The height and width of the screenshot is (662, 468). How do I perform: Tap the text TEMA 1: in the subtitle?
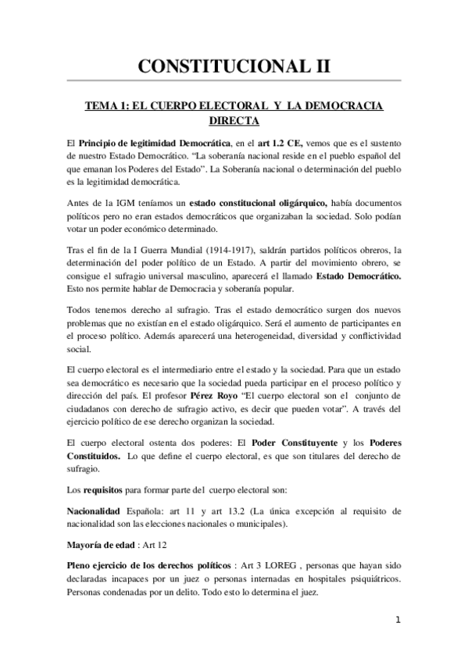(109, 107)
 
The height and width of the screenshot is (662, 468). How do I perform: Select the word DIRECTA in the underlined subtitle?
(234, 122)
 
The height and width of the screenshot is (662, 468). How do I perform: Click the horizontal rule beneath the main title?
(234, 80)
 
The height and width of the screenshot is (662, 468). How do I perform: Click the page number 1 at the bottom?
(398, 621)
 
